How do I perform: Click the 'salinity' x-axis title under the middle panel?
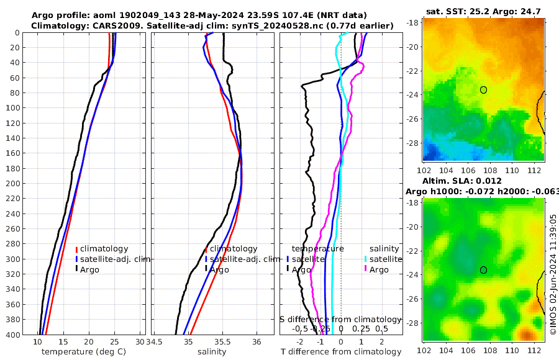211,352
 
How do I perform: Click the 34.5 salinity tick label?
161,342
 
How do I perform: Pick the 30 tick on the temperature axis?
140,342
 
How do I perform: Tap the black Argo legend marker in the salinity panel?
206,269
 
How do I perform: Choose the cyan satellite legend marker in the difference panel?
366,259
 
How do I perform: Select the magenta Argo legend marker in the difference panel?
366,269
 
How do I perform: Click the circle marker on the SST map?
483,90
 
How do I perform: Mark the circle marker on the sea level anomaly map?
483,270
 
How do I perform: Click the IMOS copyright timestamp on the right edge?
553,276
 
